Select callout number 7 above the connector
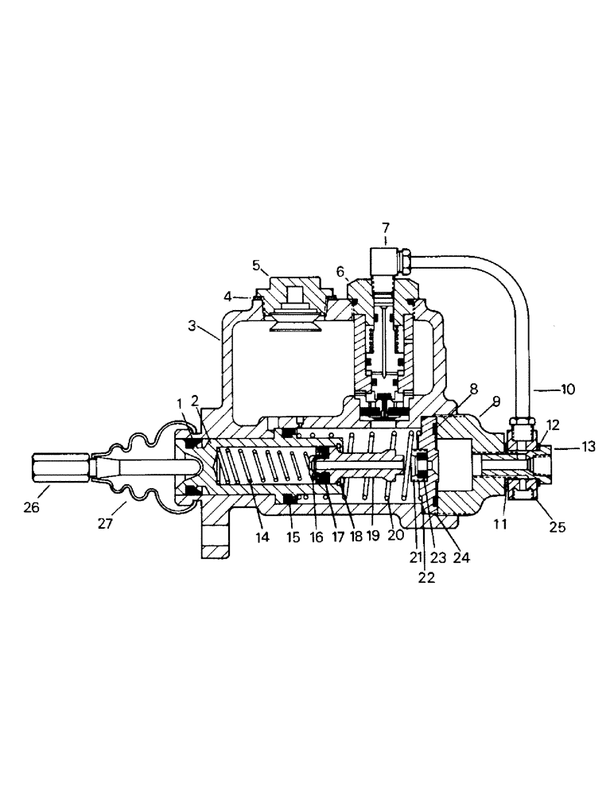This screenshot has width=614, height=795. coord(385,227)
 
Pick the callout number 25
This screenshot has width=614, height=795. coord(558,526)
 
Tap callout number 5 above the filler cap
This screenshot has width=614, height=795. coord(256,265)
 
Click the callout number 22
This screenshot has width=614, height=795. coord(427,578)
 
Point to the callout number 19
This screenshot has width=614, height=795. coord(374,537)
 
